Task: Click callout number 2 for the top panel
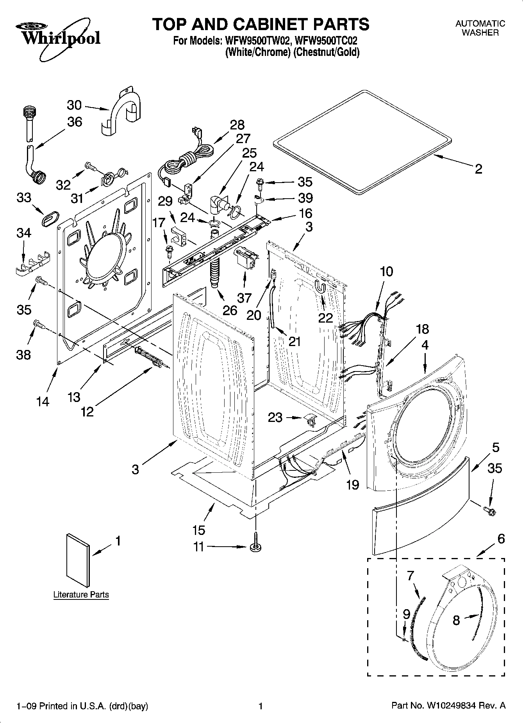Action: coord(478,169)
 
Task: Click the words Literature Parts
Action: coord(81,595)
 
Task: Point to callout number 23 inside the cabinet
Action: coord(275,418)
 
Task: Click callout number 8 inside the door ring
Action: coord(456,620)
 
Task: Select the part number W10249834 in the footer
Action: coord(452,706)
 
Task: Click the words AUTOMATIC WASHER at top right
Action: coord(480,28)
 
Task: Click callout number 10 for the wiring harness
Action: coord(386,271)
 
